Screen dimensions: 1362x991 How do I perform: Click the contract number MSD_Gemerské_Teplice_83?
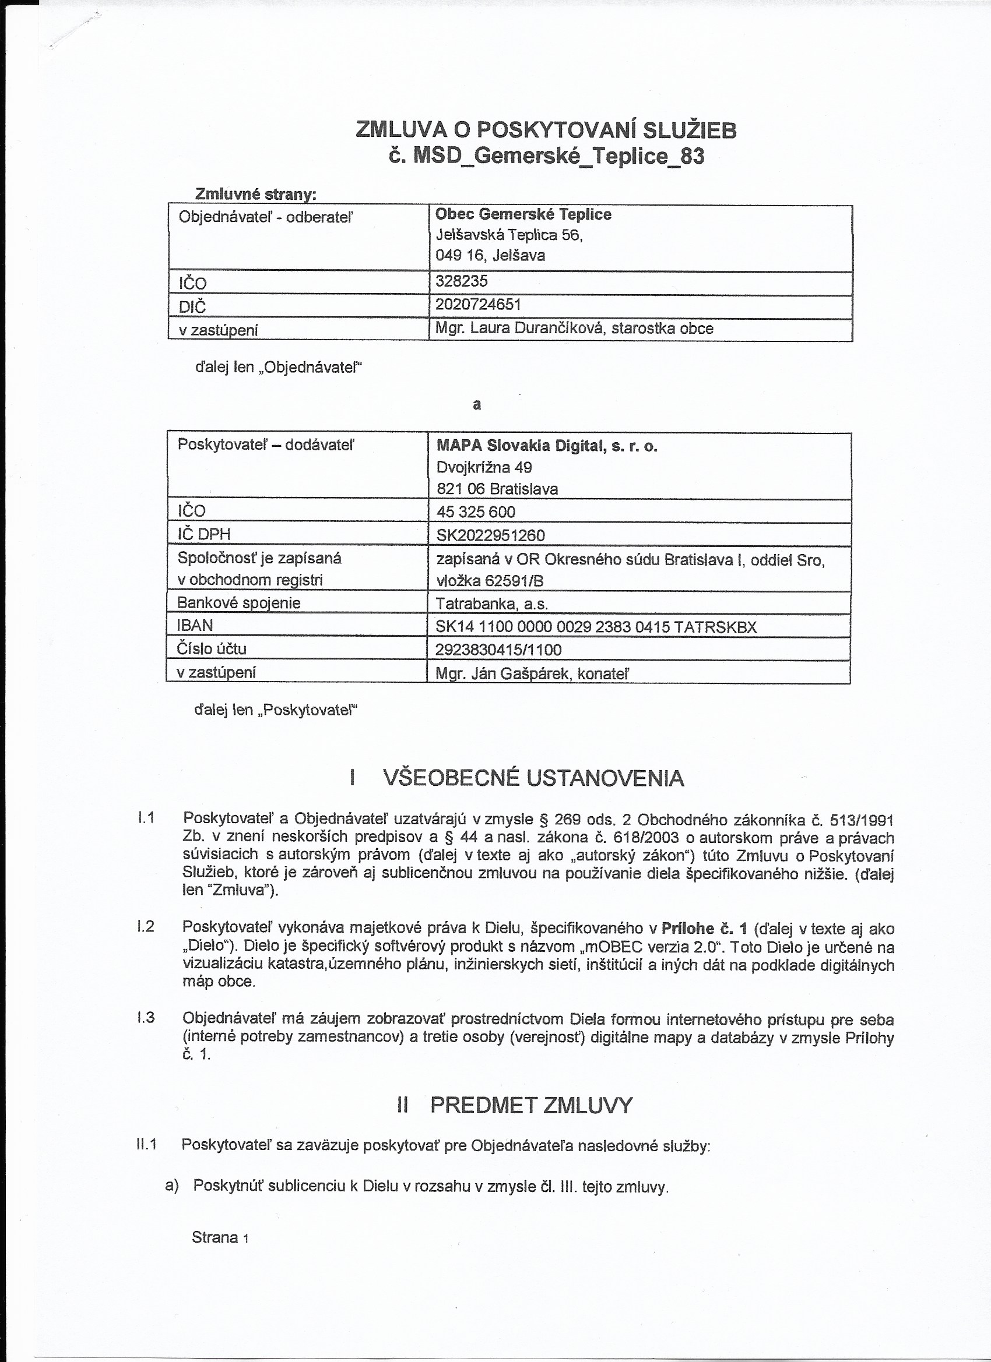[x=546, y=156]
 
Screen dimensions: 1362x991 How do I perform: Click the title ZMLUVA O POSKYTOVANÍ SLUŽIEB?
[x=546, y=130]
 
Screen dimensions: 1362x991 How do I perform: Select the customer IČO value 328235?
[x=462, y=281]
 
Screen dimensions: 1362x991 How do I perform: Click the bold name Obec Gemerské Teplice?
[x=523, y=214]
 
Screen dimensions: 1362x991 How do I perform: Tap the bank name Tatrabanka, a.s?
[x=492, y=604]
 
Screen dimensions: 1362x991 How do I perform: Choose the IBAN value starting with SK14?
[x=596, y=627]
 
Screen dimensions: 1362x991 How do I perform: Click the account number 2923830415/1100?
[x=499, y=650]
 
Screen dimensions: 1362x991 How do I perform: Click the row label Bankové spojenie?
[x=238, y=603]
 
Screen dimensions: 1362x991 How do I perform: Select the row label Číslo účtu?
[x=212, y=649]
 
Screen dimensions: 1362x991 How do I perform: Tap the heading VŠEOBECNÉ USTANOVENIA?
[x=533, y=778]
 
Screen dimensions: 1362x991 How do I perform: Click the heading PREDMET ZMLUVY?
[x=531, y=1105]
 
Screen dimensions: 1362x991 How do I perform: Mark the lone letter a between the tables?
[x=477, y=405]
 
